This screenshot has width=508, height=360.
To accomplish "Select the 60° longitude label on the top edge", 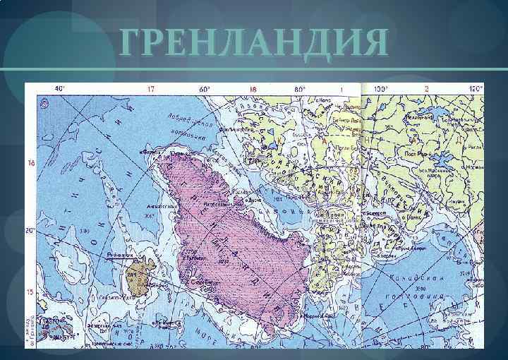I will coord(205,90).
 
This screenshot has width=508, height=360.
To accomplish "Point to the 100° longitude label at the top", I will coord(382,90).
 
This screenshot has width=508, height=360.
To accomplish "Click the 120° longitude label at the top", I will coord(476,90).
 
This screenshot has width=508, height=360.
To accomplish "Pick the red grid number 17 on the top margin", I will coord(150,90).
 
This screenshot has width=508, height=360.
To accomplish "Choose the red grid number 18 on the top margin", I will coord(252,90).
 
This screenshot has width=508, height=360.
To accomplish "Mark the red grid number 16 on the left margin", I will coord(30,163).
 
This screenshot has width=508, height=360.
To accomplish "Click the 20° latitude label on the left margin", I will coord(30,231).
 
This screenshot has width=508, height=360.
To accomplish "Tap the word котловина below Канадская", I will coord(429,296).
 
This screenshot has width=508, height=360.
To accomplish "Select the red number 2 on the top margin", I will coord(427,90).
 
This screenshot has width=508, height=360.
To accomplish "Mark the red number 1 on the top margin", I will coord(341,90).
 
